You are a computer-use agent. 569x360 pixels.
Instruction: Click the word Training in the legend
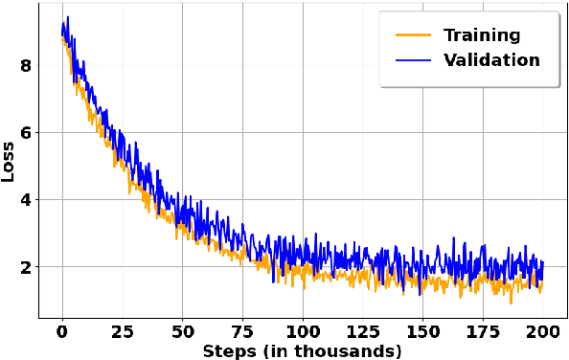(x=482, y=35)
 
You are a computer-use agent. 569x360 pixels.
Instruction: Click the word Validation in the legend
(x=491, y=60)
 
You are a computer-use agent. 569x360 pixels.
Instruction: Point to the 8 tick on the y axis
(x=26, y=65)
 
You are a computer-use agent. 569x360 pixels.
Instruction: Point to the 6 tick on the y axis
(x=26, y=132)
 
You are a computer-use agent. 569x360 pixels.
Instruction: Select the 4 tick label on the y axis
(x=26, y=199)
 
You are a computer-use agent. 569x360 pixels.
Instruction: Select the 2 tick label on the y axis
(x=26, y=266)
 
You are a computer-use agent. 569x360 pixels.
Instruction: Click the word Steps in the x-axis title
(x=227, y=350)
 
